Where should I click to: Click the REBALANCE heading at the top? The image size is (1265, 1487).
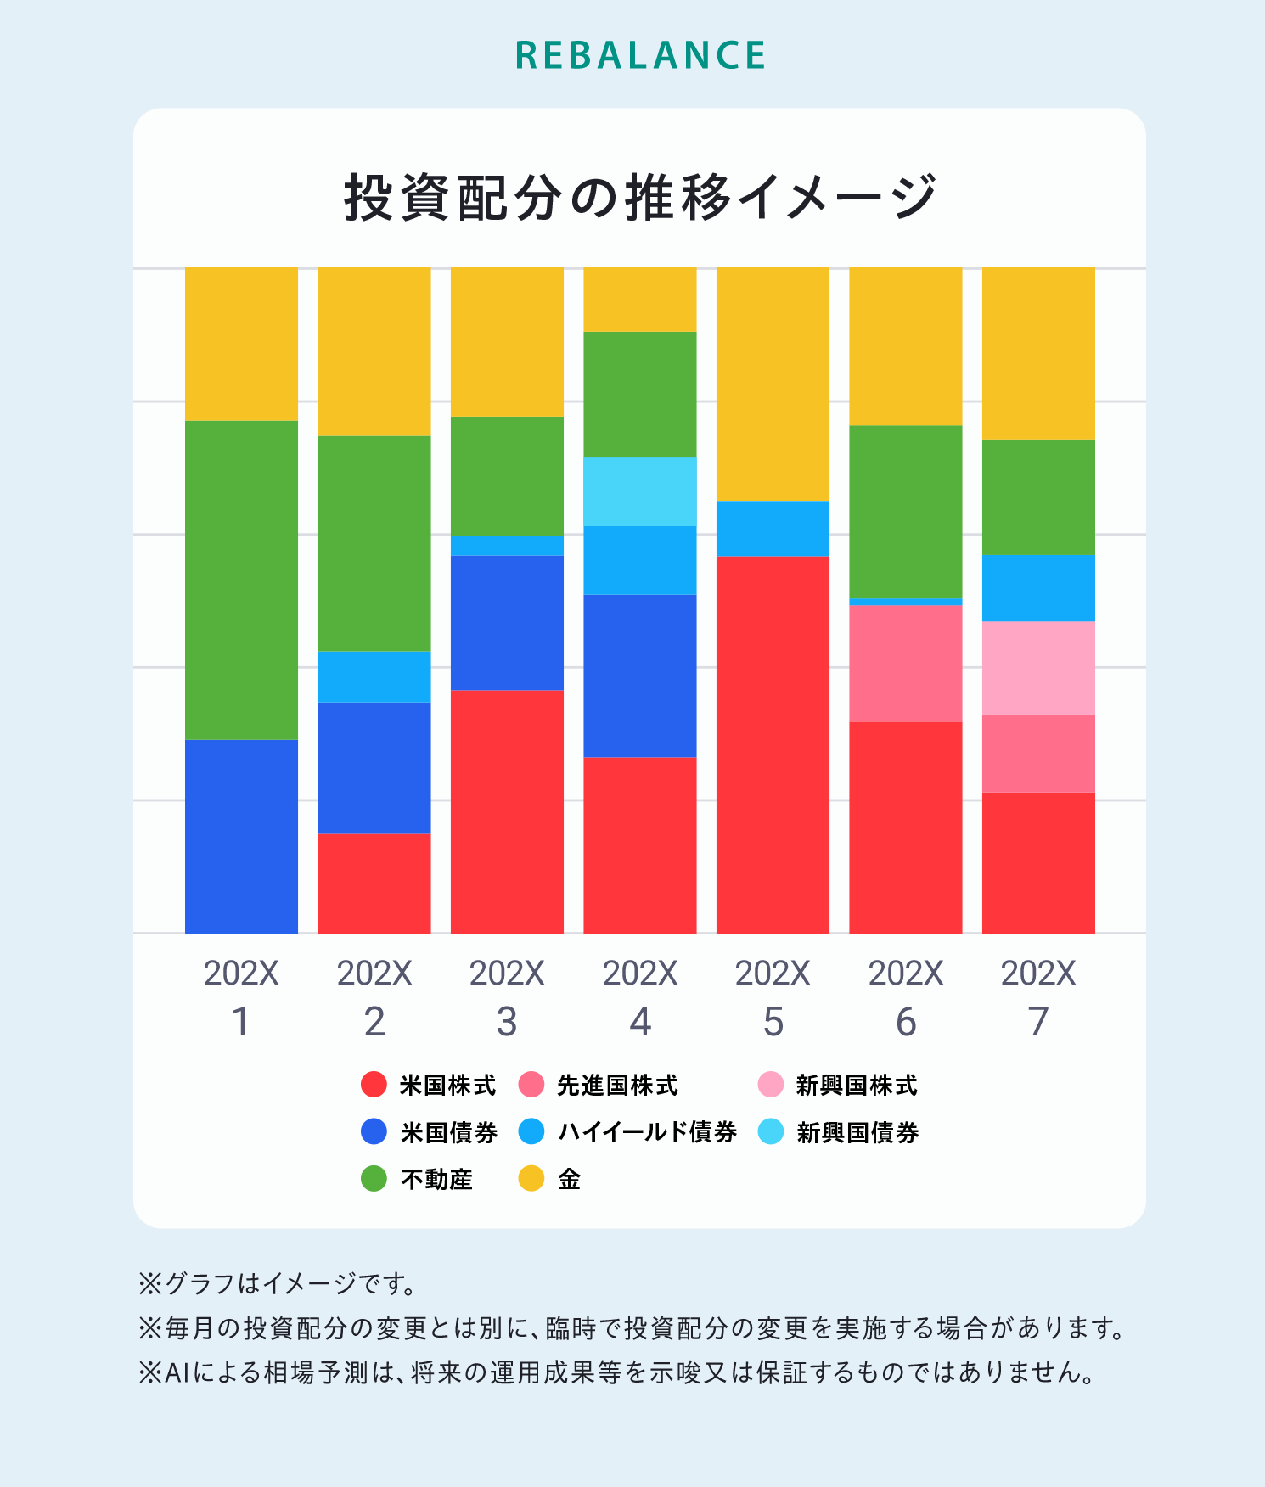(640, 56)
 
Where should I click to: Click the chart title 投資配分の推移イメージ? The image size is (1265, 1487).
(640, 198)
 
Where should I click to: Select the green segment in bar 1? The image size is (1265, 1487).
(241, 580)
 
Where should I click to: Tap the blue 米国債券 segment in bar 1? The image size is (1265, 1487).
(241, 836)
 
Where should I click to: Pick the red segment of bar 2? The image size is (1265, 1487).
(374, 884)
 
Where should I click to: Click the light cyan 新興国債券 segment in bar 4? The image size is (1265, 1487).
(640, 491)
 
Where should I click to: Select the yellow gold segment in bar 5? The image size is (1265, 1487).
(773, 384)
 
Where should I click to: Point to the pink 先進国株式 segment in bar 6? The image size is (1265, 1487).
(906, 663)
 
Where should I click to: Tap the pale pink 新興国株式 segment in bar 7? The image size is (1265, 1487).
(1038, 668)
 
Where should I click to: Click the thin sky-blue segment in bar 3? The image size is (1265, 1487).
(507, 545)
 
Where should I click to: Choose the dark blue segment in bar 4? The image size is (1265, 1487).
(640, 676)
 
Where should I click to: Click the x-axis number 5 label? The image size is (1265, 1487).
(773, 1022)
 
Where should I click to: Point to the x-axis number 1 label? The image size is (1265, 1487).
(241, 1022)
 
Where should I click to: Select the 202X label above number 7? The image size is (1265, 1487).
(1038, 974)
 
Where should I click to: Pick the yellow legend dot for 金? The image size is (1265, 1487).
(531, 1179)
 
